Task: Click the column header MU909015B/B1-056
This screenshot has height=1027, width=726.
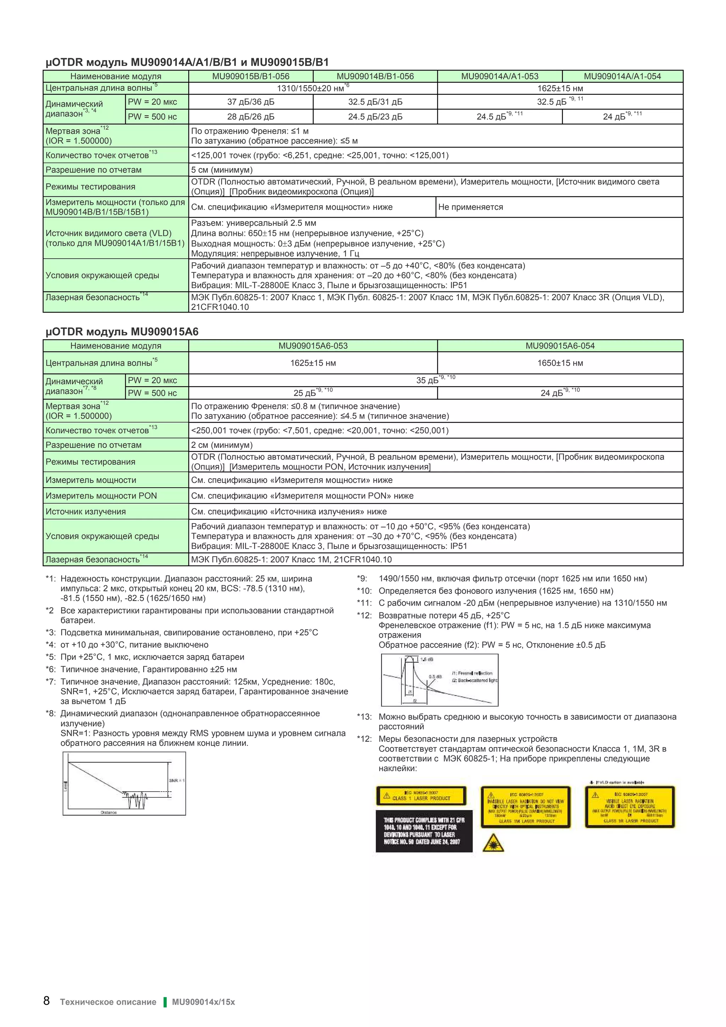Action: click(251, 76)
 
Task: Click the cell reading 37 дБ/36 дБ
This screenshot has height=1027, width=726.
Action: click(251, 102)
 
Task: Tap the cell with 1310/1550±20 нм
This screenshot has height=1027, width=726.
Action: click(313, 88)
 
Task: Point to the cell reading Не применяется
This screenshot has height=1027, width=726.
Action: click(470, 207)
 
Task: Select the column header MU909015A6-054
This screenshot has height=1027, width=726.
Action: click(560, 346)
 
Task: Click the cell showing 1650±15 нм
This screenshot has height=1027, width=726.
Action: click(560, 363)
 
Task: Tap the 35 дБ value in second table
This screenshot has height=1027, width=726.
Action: click(427, 381)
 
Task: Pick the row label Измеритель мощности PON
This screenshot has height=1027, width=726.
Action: click(101, 496)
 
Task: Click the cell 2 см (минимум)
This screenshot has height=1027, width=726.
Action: click(222, 445)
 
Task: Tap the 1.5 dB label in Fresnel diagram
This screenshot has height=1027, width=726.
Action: click(427, 659)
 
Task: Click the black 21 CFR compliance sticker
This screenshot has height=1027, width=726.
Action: click(424, 831)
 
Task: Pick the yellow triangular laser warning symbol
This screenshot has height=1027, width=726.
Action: click(493, 843)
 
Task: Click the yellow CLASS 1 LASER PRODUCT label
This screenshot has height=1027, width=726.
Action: click(421, 796)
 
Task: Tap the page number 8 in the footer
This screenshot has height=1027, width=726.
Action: click(46, 1001)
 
